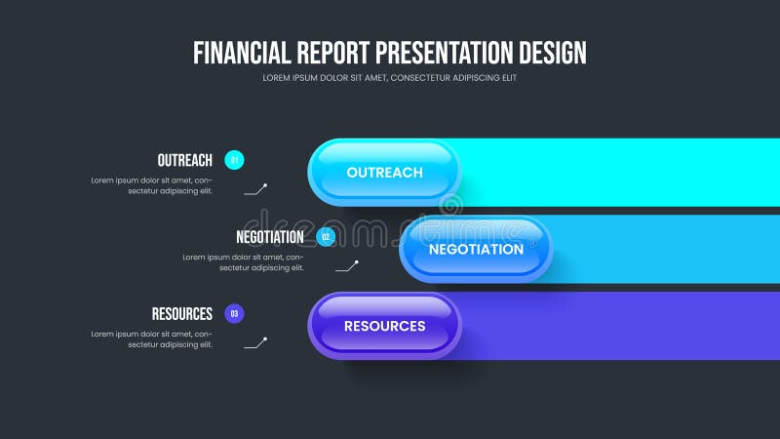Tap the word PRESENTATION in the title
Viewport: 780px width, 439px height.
click(x=444, y=52)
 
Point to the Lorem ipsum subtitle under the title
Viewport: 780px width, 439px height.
click(x=390, y=78)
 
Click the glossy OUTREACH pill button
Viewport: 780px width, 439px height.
click(x=384, y=173)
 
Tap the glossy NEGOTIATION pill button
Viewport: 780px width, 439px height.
click(x=476, y=249)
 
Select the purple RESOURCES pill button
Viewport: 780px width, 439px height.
click(x=384, y=326)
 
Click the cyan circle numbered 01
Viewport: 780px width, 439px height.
click(x=234, y=159)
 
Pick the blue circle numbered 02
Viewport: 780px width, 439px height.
click(x=326, y=236)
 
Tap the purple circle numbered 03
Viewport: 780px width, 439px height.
click(x=234, y=313)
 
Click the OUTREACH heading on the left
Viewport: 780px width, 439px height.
click(x=184, y=160)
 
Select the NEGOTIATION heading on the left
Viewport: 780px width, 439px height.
click(x=269, y=237)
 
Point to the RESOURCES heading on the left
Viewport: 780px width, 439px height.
click(x=181, y=314)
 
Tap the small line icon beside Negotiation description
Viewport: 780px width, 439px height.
click(x=347, y=265)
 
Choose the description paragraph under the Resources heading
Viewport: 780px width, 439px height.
click(x=152, y=339)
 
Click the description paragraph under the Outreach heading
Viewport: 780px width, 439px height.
click(x=152, y=185)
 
